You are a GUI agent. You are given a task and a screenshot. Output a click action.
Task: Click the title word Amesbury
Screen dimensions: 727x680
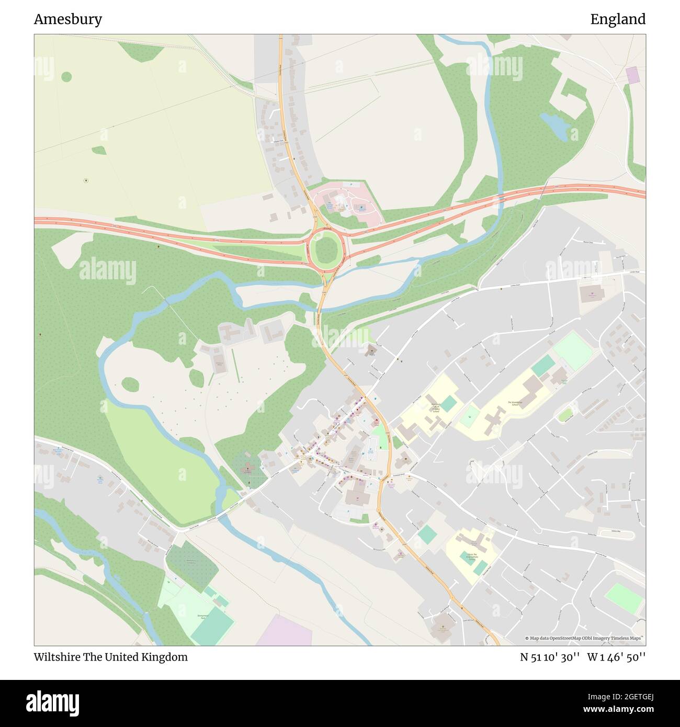coord(68,19)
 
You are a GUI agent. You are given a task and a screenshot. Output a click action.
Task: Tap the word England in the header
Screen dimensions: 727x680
coord(618,19)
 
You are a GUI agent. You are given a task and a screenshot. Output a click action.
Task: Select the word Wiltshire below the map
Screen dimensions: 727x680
coord(56,657)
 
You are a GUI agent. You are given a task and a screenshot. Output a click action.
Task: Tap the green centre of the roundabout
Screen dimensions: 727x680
coord(326,251)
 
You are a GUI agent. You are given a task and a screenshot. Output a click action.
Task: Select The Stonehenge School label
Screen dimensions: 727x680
coord(513,403)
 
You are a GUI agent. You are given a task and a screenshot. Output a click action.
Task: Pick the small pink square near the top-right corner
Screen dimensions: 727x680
coord(633,75)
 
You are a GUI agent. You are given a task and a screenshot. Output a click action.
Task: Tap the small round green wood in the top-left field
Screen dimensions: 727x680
coord(66,77)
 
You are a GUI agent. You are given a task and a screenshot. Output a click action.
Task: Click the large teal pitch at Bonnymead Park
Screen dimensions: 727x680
coord(212,628)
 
